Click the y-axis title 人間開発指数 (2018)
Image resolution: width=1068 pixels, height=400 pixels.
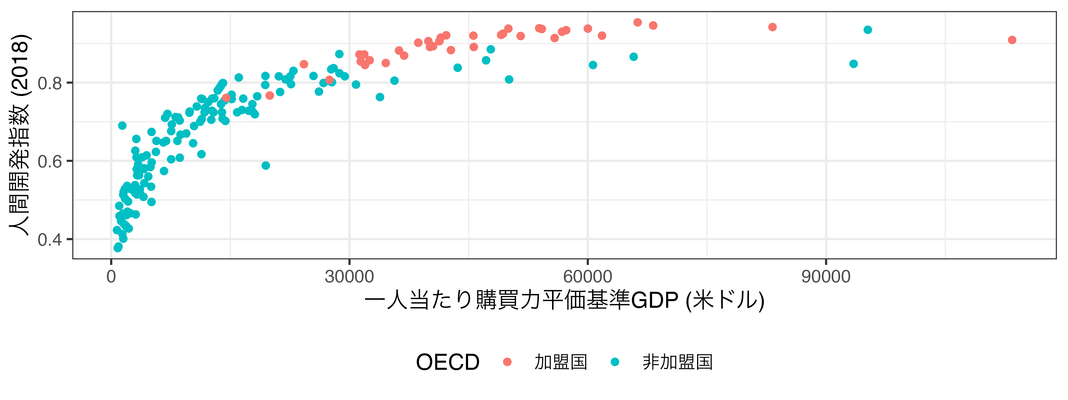click(x=20, y=135)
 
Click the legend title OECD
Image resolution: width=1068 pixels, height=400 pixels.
click(x=448, y=362)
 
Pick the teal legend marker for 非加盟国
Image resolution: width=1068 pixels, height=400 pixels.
click(x=615, y=362)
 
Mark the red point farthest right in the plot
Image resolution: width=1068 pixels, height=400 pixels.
click(x=1012, y=40)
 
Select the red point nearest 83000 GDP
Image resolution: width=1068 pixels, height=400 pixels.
click(x=772, y=27)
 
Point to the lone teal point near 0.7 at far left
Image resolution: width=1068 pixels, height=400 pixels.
click(x=122, y=126)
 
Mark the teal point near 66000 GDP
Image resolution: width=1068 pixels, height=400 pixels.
click(x=633, y=57)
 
